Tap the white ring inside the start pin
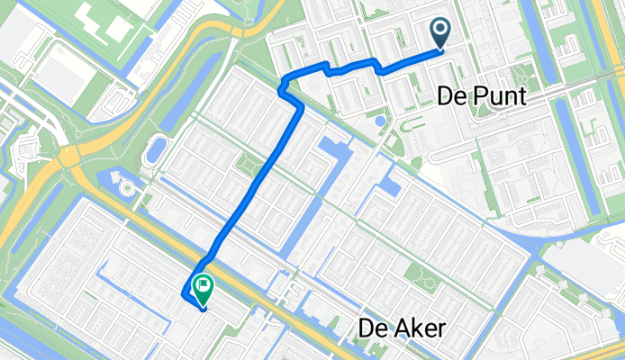(x=440, y=31)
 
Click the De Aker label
(x=401, y=328)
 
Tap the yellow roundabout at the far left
(x=68, y=159)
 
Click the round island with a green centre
(x=125, y=188)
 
